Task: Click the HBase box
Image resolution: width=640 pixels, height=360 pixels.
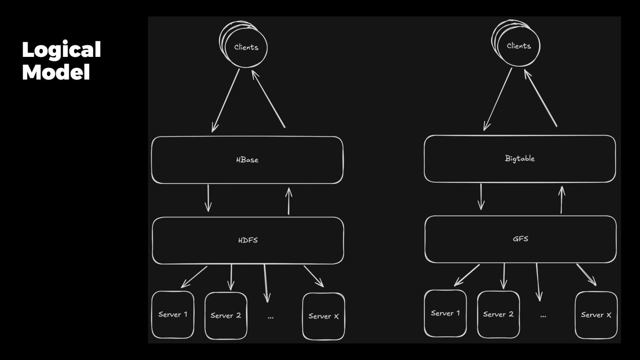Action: [x=247, y=160]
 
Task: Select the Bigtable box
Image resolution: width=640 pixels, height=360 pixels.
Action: [x=520, y=159]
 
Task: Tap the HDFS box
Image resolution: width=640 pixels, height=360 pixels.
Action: [x=248, y=240]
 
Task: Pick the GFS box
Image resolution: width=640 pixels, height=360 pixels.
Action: [x=520, y=239]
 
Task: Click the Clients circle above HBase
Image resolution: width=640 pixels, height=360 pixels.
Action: [x=245, y=47]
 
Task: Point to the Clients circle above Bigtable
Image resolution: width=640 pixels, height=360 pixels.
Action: [x=518, y=46]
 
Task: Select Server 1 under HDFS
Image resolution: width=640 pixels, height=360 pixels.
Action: [x=173, y=315]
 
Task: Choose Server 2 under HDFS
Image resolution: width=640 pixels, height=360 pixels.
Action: [x=226, y=316]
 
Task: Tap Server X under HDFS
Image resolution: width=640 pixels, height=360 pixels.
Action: [x=324, y=316]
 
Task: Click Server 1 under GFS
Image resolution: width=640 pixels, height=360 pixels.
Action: [x=445, y=313]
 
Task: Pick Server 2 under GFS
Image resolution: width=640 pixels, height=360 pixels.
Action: [x=498, y=314]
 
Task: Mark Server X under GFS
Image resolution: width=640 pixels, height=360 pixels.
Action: [x=596, y=315]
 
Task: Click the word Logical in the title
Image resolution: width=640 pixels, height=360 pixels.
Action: [x=61, y=50]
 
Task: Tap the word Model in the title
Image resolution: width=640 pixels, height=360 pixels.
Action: [x=56, y=72]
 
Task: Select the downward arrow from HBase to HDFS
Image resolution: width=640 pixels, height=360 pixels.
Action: [x=208, y=198]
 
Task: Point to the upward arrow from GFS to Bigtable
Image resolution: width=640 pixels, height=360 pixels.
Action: [x=561, y=200]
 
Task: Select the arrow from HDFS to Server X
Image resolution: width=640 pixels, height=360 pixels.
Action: [x=313, y=276]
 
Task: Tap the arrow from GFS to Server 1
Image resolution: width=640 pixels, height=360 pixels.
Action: [x=467, y=275]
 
